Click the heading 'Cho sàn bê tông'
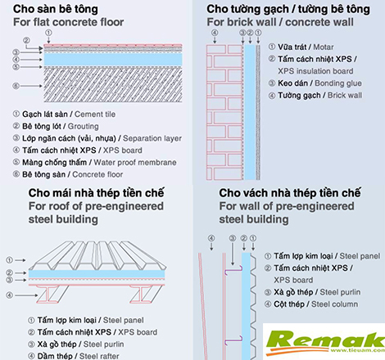click(56, 9)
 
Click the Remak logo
click(325, 342)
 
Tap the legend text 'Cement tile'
click(95, 115)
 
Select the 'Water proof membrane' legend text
click(135, 163)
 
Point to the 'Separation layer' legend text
click(152, 138)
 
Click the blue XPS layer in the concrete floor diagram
click(113, 59)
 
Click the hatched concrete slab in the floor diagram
click(113, 84)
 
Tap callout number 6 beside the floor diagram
click(16, 86)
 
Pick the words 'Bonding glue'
click(338, 83)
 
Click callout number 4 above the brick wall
click(215, 33)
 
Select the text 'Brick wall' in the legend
click(345, 95)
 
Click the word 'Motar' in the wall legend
click(324, 47)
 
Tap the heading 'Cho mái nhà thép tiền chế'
click(96, 193)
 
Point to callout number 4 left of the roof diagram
click(10, 295)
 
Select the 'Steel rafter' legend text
click(99, 356)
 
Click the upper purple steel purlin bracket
click(233, 270)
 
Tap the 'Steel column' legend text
click(334, 304)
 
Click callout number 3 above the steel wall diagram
click(233, 239)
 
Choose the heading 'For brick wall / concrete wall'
click(280, 22)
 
